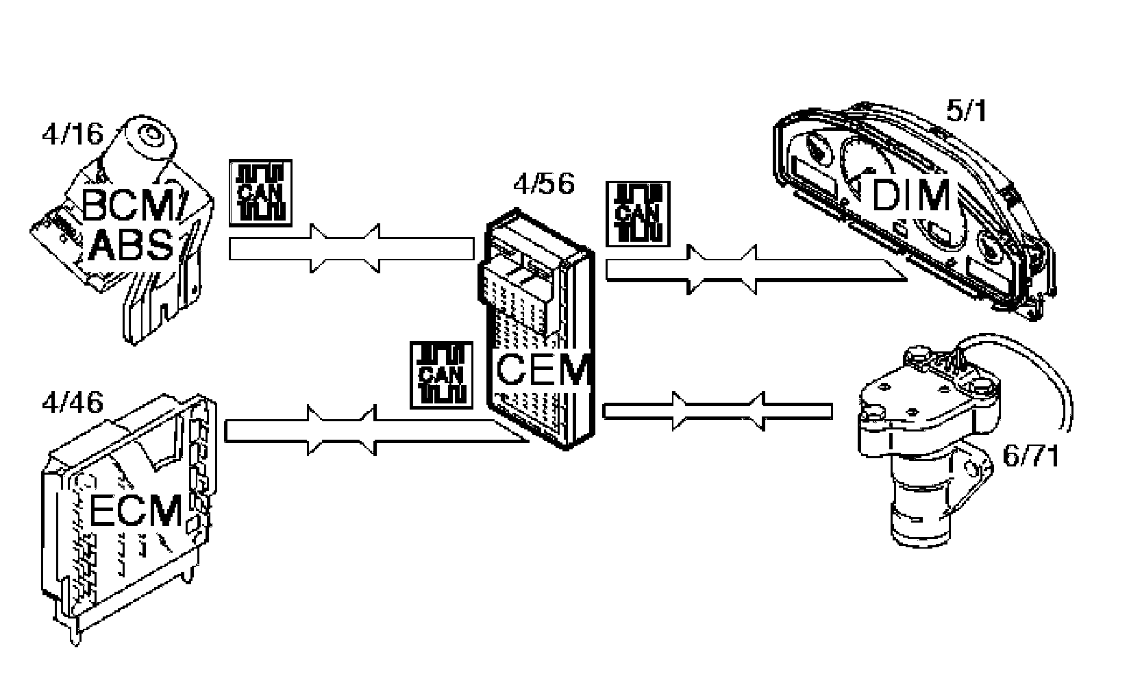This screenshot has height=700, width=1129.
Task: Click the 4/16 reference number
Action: (x=71, y=134)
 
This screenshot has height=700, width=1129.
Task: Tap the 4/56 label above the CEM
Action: (x=543, y=183)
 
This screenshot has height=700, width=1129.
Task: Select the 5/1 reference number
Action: (x=966, y=110)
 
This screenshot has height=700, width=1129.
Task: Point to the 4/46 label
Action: (x=72, y=402)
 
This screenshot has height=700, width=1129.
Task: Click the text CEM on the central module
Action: (x=543, y=371)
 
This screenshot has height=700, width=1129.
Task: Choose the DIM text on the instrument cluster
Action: (x=911, y=196)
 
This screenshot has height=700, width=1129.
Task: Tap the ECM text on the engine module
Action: (x=136, y=512)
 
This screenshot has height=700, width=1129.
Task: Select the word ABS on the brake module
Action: (x=131, y=245)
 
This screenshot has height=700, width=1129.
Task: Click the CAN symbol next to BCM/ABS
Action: (x=260, y=192)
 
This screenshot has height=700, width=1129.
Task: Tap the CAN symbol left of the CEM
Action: (x=442, y=375)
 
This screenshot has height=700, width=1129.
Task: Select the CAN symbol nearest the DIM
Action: (x=637, y=214)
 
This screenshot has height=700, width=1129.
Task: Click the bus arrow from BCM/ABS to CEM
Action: (x=351, y=249)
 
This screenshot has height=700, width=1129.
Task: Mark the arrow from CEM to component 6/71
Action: (x=717, y=410)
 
